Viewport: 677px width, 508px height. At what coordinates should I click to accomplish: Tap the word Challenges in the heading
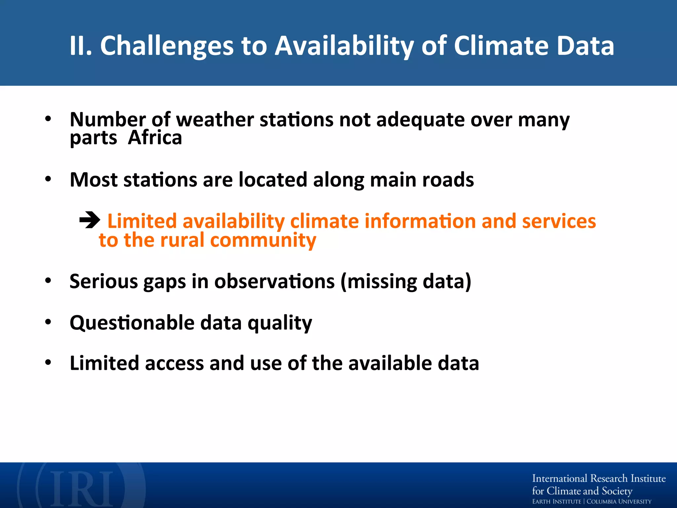(x=167, y=46)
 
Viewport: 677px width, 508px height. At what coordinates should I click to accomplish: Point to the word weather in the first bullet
(x=215, y=119)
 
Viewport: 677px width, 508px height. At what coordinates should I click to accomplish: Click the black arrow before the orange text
(x=90, y=220)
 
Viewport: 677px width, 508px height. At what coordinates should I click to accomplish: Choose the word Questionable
(x=132, y=323)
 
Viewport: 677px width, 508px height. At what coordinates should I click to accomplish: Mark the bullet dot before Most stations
(x=48, y=179)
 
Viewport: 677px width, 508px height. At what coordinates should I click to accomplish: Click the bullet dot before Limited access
(x=48, y=362)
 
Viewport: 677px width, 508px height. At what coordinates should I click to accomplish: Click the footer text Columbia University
(x=619, y=502)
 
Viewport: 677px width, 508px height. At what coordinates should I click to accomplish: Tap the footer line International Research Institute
(x=599, y=479)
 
